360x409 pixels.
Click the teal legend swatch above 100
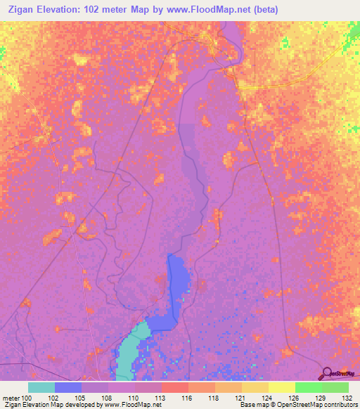41,387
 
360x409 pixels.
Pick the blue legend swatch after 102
68,387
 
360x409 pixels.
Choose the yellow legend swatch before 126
281,387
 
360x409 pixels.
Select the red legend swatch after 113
175,387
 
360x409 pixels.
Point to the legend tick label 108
108,397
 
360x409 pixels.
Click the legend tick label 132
348,397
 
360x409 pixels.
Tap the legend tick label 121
241,397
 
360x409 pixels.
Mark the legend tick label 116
188,397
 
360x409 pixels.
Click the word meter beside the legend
11,397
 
